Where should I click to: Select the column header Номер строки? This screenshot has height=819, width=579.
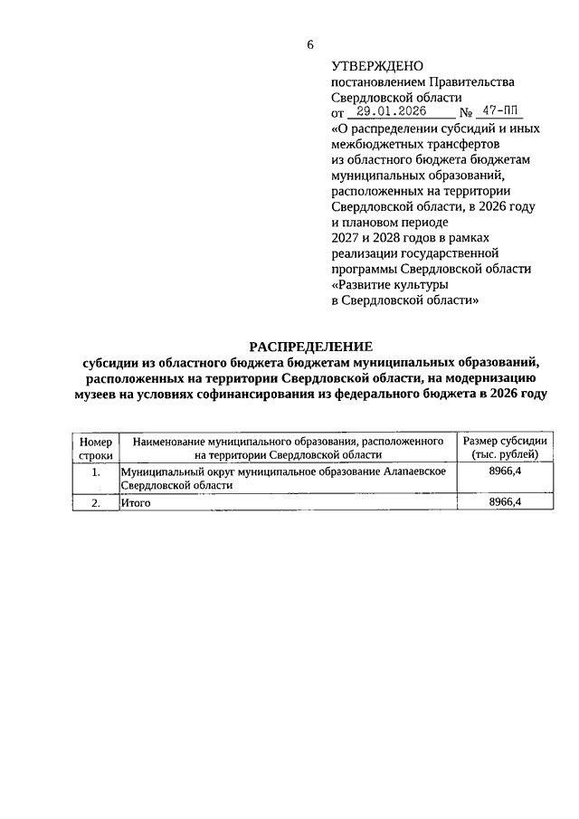96,448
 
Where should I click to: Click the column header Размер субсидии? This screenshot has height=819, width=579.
505,441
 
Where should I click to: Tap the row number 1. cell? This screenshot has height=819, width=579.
96,471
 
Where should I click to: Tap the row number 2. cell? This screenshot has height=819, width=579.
96,502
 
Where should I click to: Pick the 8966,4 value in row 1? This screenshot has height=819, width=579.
505,471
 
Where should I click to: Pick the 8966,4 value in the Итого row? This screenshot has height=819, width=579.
505,502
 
